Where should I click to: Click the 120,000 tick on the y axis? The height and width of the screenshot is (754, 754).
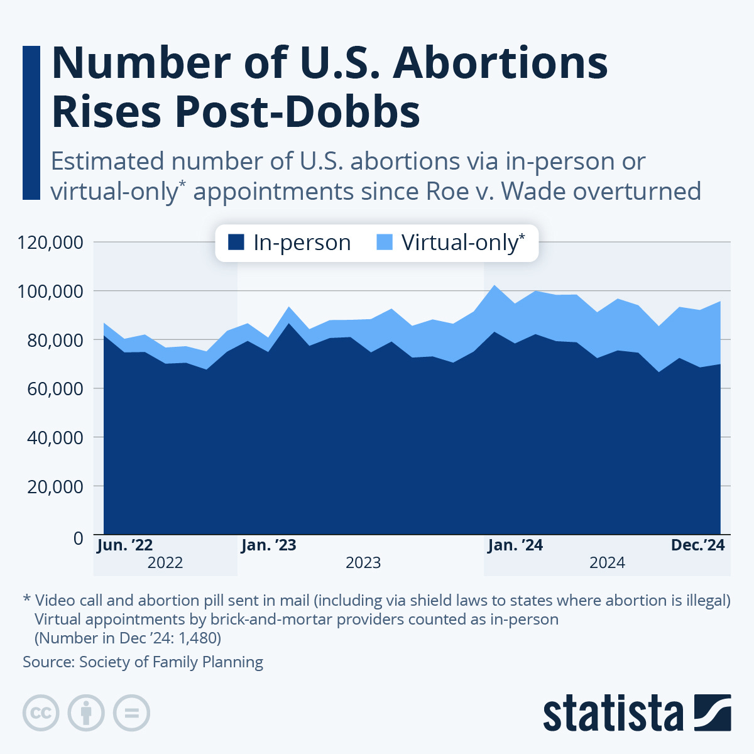51,242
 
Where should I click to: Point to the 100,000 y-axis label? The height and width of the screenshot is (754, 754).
51,291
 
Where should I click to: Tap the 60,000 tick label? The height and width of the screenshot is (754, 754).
55,388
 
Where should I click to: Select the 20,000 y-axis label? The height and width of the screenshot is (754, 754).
55,486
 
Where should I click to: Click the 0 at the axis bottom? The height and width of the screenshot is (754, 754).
78,538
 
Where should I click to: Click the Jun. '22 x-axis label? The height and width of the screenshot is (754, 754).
124,545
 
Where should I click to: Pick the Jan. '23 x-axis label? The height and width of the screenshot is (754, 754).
268,545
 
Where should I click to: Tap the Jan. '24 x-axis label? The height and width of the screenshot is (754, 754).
515,545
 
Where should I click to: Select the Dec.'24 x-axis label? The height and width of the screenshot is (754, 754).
697,545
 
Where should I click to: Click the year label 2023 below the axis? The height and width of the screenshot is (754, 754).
363,562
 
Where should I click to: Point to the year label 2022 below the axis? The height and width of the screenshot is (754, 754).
165,562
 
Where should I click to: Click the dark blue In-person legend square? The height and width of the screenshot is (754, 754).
236,243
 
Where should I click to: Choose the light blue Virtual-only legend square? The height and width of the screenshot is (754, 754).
385,243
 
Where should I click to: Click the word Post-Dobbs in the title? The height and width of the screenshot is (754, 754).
297,112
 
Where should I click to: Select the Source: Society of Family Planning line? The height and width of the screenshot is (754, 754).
143,662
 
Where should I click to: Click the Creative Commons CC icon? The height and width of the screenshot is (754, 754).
41,713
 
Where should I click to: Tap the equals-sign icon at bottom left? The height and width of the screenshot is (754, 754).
131,713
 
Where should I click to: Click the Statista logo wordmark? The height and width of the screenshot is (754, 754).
613,714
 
